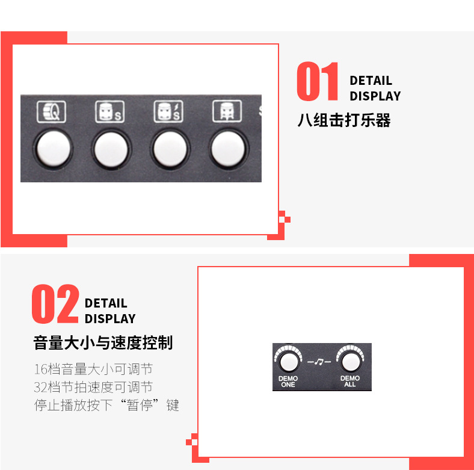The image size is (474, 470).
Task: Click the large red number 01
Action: tap(318, 82)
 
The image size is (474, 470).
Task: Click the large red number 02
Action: tap(55, 305)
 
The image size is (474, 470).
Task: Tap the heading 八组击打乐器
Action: tap(344, 120)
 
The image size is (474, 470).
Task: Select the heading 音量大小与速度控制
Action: tap(103, 343)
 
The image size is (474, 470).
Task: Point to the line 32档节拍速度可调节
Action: tap(93, 386)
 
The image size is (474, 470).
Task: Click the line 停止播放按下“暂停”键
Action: tap(106, 404)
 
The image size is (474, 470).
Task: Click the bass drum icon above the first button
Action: tap(49, 111)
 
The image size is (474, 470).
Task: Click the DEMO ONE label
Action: tap(288, 382)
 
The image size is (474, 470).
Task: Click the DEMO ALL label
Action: tap(350, 382)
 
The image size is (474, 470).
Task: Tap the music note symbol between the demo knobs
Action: tap(319, 362)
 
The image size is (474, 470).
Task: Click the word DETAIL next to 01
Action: tap(371, 81)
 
